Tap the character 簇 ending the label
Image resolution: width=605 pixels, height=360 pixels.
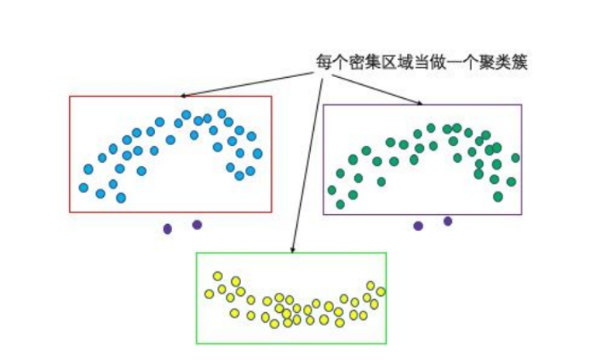521,62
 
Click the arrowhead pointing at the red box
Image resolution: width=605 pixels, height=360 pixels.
182,95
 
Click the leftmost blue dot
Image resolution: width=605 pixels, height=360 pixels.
84,187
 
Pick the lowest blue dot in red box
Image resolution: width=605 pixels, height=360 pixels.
121,198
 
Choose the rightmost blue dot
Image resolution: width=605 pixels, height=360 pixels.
258,153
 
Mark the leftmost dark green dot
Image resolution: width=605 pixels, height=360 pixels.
332,190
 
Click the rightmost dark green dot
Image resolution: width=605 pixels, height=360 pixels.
515,158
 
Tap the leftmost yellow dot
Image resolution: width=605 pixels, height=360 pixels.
209,294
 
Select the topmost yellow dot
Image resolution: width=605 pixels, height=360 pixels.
217,276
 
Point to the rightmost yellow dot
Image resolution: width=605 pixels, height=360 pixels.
380,291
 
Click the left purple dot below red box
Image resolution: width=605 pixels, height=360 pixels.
168,229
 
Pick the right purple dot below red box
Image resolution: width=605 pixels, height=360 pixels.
197,225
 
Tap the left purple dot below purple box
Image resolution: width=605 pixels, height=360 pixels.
418,225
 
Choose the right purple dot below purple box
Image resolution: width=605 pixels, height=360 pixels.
448,221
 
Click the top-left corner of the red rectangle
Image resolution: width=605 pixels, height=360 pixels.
70,96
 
